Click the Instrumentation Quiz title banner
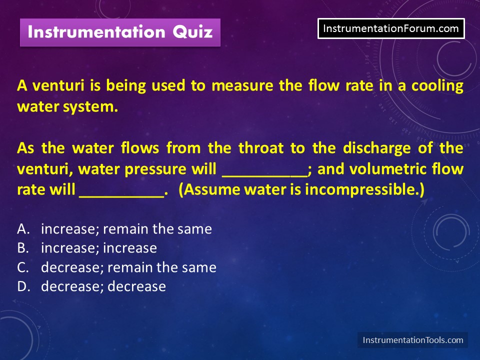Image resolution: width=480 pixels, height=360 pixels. (120, 32)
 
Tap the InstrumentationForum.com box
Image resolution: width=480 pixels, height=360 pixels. (391, 28)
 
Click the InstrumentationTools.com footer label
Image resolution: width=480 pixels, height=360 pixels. (412, 340)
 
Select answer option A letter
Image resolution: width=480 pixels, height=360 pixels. (23, 229)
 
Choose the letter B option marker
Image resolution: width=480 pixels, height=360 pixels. (23, 248)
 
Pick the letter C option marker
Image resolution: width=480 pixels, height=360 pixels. (23, 267)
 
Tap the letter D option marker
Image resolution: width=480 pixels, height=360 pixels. (23, 286)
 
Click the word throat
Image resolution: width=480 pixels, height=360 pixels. (261, 148)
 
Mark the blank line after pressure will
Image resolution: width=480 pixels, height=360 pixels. (264, 176)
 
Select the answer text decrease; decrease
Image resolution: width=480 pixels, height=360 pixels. (103, 286)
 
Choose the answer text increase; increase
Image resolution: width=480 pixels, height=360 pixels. (99, 248)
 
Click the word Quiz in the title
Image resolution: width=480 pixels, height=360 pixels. (192, 32)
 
